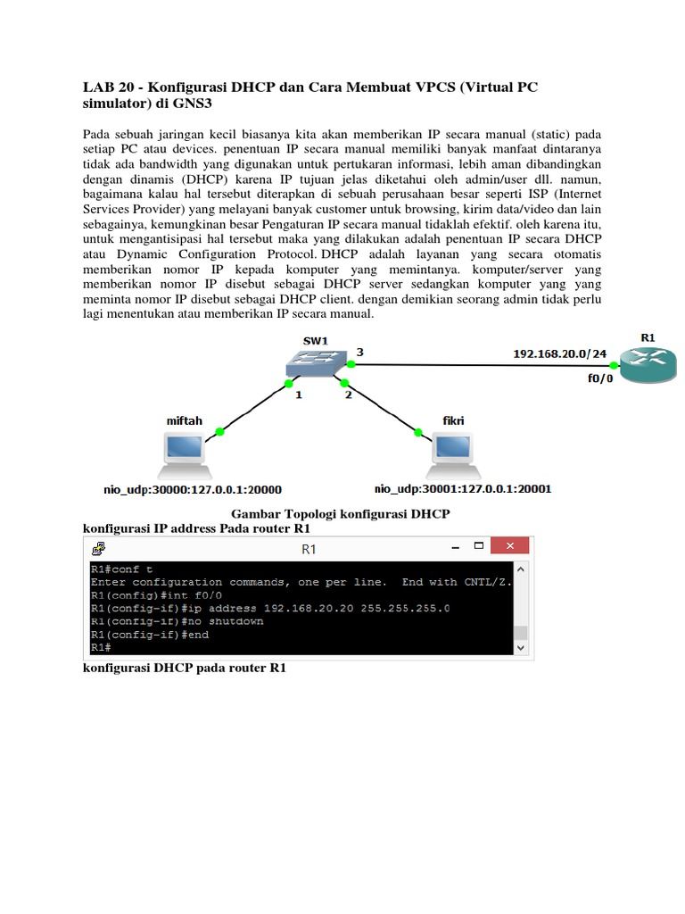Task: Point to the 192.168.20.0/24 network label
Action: point(559,353)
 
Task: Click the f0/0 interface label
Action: point(599,378)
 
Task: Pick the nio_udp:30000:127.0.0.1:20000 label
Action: point(192,489)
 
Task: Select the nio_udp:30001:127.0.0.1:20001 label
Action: point(463,489)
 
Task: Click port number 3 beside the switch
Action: point(359,353)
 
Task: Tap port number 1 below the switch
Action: point(299,394)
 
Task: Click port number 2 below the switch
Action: point(348,394)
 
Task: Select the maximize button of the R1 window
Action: point(479,546)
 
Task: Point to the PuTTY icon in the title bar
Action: point(100,547)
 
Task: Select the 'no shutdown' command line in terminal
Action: point(177,621)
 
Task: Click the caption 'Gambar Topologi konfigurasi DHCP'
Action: point(341,514)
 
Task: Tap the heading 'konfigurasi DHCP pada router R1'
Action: point(185,668)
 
